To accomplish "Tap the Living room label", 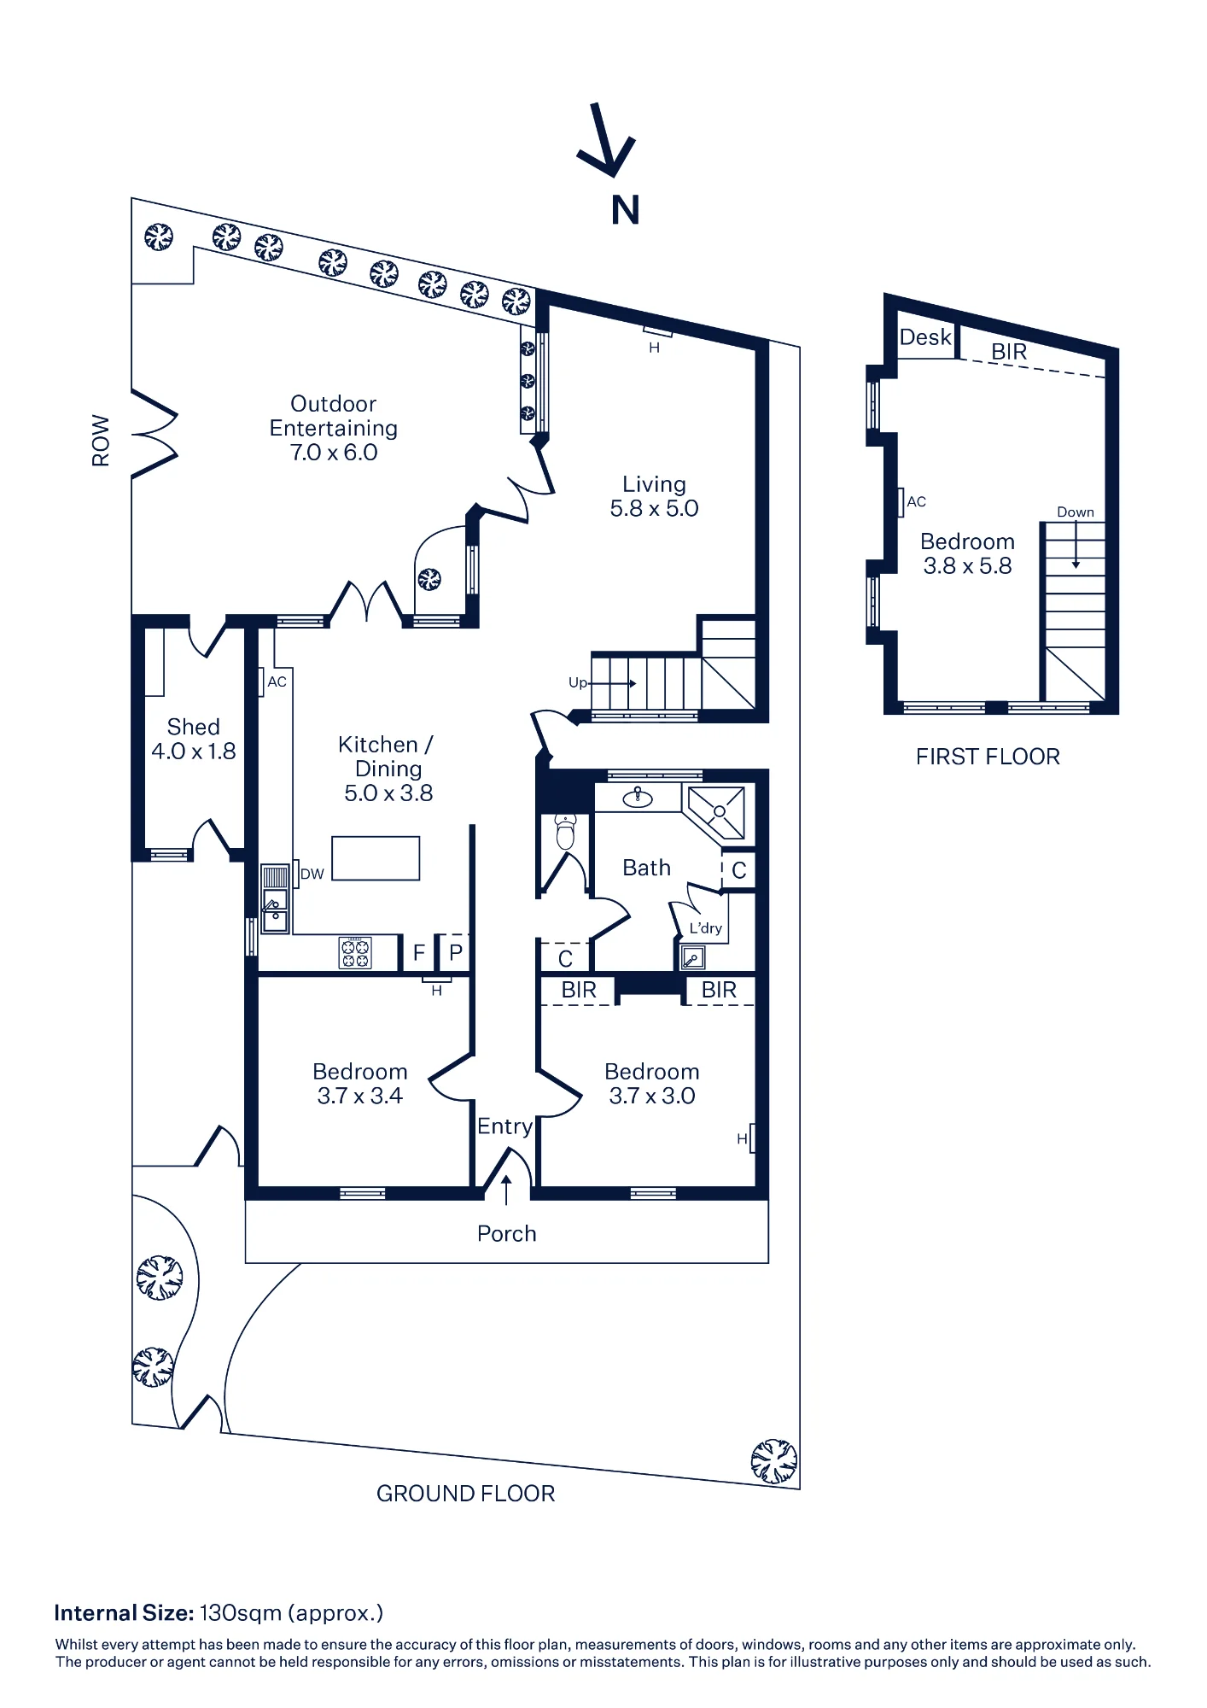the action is point(654,496).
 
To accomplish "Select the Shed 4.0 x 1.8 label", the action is point(194,739).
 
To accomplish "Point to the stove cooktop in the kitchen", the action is point(356,952).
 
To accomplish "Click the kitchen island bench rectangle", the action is point(376,858).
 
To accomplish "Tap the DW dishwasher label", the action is point(312,874).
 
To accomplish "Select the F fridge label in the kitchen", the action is point(419,952).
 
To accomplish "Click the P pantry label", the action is point(456,952).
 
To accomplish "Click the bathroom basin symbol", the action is point(638,798).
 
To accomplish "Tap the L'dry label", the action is point(706,927).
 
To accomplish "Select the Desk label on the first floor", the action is point(925,337).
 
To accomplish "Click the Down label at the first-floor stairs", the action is point(1076,512).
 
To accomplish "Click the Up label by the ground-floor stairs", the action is point(578,683).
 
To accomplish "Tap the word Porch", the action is point(507,1233).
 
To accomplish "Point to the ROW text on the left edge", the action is point(101,441).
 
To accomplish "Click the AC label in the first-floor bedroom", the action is point(917,502).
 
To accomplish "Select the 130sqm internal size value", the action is point(241,1613).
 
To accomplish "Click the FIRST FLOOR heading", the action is point(988,757).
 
